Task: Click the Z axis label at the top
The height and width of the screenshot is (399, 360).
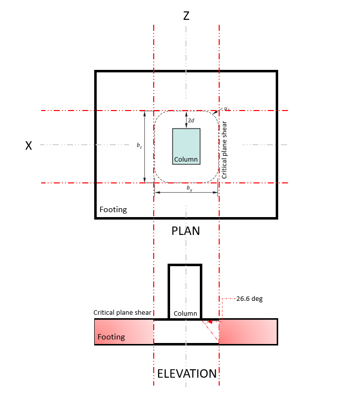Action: pyautogui.click(x=186, y=16)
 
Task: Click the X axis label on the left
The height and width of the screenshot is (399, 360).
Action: pyautogui.click(x=29, y=145)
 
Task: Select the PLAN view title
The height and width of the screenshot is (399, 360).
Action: pyautogui.click(x=185, y=230)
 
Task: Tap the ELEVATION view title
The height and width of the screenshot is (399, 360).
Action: pyautogui.click(x=187, y=374)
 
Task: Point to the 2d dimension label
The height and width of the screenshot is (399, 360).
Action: pyautogui.click(x=191, y=120)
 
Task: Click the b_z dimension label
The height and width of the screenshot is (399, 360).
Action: pyautogui.click(x=139, y=146)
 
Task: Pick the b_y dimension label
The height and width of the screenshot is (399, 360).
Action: pyautogui.click(x=189, y=188)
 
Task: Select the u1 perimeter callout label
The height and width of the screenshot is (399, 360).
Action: pyautogui.click(x=226, y=108)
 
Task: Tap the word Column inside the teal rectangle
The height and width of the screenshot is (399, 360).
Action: pyautogui.click(x=186, y=160)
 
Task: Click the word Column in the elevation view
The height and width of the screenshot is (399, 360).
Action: pyautogui.click(x=185, y=313)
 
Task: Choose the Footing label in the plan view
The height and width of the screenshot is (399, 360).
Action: pyautogui.click(x=113, y=209)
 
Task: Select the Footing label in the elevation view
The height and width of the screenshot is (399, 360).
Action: pyautogui.click(x=111, y=337)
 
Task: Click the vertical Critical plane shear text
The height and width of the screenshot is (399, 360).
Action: pyautogui.click(x=224, y=150)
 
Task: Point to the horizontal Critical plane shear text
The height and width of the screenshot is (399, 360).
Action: pyautogui.click(x=122, y=313)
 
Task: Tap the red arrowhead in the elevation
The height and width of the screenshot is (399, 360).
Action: pyautogui.click(x=210, y=322)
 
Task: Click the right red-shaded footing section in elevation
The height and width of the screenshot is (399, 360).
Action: pyautogui.click(x=248, y=332)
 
